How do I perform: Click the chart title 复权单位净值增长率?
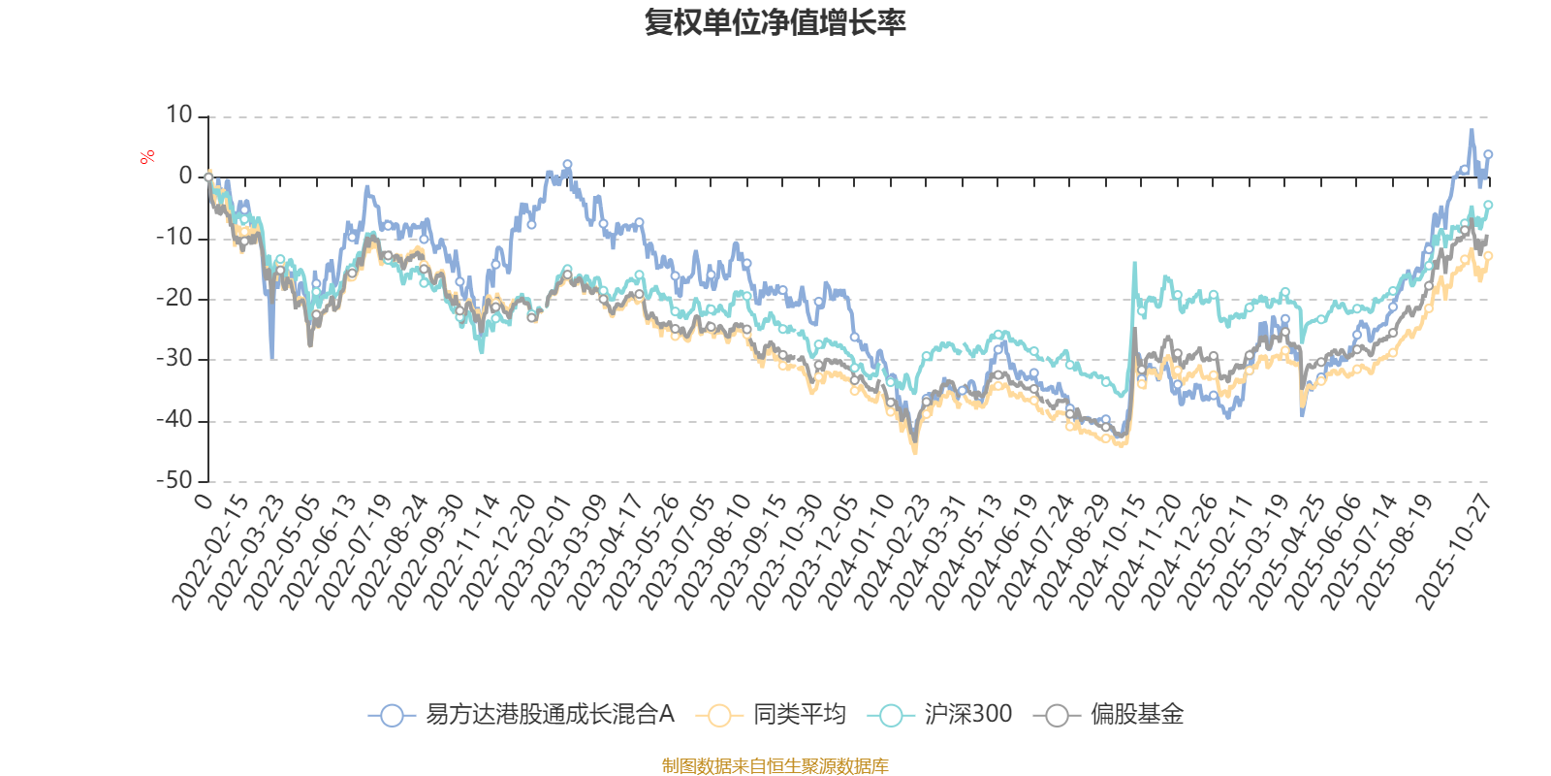pyautogui.click(x=775, y=22)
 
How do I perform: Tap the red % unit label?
pyautogui.click(x=147, y=157)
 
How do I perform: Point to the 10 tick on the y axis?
pyautogui.click(x=179, y=115)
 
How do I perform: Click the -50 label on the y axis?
pyautogui.click(x=174, y=480)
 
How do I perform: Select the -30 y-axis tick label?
pyautogui.click(x=174, y=359)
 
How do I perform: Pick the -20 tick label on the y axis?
pyautogui.click(x=174, y=299)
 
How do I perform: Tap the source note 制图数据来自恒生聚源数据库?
pyautogui.click(x=775, y=766)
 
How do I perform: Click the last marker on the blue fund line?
pyautogui.click(x=1488, y=154)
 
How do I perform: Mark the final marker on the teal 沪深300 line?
pyautogui.click(x=1488, y=205)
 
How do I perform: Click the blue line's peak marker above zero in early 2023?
pyautogui.click(x=567, y=165)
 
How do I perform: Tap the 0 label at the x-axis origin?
pyautogui.click(x=203, y=501)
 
